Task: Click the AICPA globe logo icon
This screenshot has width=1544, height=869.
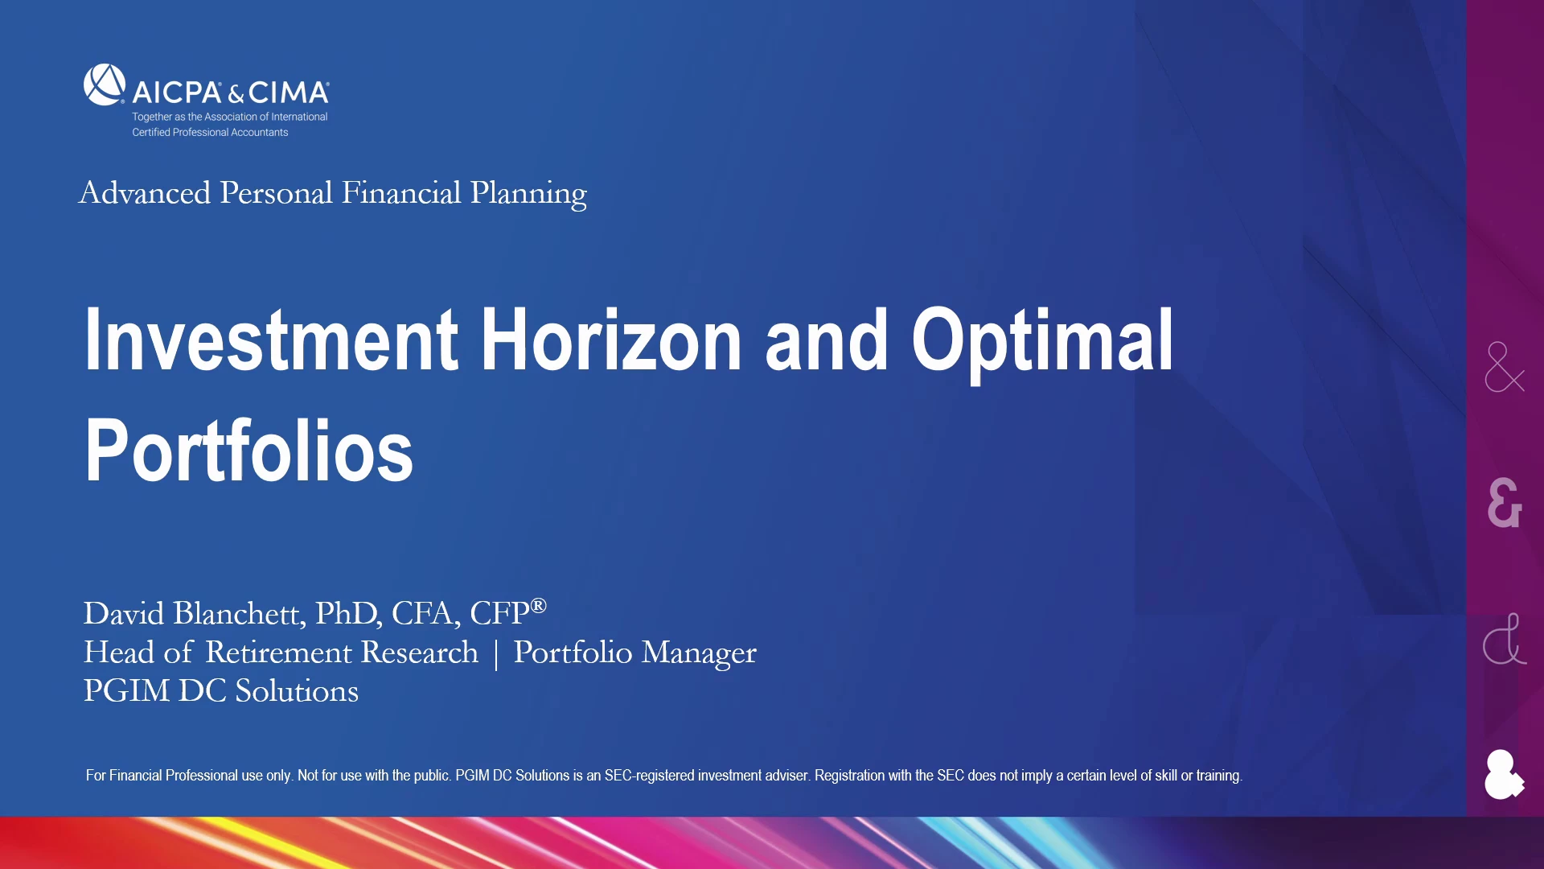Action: coord(105,84)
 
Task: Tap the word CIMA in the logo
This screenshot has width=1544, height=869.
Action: coord(289,93)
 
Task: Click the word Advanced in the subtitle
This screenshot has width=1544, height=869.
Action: coord(145,193)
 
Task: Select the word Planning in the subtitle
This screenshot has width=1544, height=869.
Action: coord(528,195)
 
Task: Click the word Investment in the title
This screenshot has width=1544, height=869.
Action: coord(272,340)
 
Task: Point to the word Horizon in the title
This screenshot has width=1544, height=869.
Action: coord(611,340)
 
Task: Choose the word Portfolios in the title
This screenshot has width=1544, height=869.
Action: coord(249,451)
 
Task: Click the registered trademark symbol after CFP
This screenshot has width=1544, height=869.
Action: coord(539,605)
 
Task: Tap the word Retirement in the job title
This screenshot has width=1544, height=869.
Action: coord(342,653)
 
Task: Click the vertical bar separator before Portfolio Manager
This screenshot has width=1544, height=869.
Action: coord(496,653)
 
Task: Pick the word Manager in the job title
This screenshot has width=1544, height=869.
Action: coord(699,654)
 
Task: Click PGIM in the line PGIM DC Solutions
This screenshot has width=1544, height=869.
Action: coord(126,691)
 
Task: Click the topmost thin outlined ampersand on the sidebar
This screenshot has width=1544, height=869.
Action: coord(1505,367)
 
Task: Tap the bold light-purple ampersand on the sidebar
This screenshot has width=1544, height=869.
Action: coord(1505,503)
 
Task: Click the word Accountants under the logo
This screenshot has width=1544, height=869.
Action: coord(259,133)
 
